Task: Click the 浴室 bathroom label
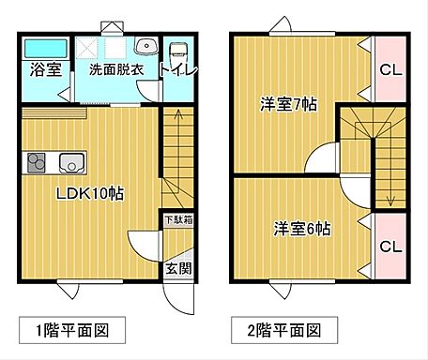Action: coord(44,69)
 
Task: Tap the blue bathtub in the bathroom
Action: coord(44,48)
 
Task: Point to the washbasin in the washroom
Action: coord(146,47)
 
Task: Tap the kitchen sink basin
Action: coord(71,162)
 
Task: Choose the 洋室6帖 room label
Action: coord(302,228)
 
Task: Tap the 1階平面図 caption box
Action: coord(72,330)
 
